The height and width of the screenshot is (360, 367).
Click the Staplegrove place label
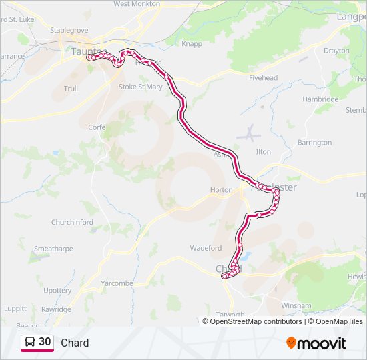pyautogui.click(x=69, y=31)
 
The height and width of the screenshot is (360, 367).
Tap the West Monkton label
pyautogui.click(x=136, y=4)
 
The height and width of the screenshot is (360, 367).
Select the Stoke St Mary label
pyautogui.click(x=140, y=87)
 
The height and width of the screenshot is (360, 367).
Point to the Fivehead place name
pyautogui.click(x=263, y=78)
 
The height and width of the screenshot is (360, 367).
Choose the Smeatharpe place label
pyautogui.click(x=54, y=249)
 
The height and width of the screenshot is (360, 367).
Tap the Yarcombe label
pyautogui.click(x=117, y=283)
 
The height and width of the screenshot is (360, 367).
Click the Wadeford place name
pyautogui.click(x=206, y=248)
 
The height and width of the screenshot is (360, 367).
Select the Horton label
pyautogui.click(x=221, y=190)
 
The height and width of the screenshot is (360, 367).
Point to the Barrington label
pyautogui.click(x=314, y=143)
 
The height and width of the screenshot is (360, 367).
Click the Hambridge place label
pyautogui.click(x=320, y=99)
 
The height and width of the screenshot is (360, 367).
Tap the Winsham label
pyautogui.click(x=296, y=306)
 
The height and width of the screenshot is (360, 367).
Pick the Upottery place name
pyautogui.click(x=57, y=291)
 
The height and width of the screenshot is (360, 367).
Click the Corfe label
pyautogui.click(x=97, y=127)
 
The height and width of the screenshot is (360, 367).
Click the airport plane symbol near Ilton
pyautogui.click(x=248, y=133)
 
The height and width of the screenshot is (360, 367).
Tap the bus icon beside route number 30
pyautogui.click(x=29, y=342)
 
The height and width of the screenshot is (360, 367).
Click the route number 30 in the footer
pyautogui.click(x=45, y=342)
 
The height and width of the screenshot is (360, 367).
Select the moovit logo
pyautogui.click(x=316, y=343)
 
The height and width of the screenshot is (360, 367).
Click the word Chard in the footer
pyautogui.click(x=75, y=343)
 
